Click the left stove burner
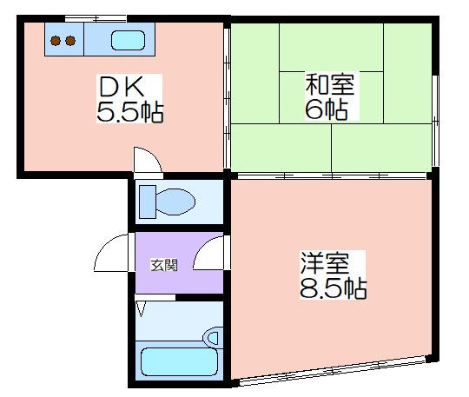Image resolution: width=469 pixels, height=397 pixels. point(56,41)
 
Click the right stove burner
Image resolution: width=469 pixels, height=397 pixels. point(70,41)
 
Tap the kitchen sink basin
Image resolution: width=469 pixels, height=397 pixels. point(128,40)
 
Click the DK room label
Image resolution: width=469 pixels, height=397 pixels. point(122,87)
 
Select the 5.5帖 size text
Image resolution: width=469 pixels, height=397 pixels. point(129,112)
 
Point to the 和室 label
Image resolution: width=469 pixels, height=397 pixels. point(330,83)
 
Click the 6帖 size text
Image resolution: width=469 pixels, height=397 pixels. point(326,109)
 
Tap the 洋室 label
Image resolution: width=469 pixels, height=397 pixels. point(325,262)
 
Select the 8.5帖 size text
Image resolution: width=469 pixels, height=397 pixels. point(333,288)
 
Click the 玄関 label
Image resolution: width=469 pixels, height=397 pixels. point(164,265)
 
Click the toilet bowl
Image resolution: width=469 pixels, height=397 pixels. point(175,202)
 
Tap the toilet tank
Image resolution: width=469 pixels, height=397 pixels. point(148,202)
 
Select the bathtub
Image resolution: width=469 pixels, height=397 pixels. point(179,361)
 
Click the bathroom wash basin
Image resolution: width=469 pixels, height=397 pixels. point(213,338)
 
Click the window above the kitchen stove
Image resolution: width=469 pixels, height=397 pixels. point(96,18)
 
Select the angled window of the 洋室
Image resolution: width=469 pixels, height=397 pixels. point(332,369)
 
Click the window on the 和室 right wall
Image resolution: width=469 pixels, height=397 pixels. point(435,121)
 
